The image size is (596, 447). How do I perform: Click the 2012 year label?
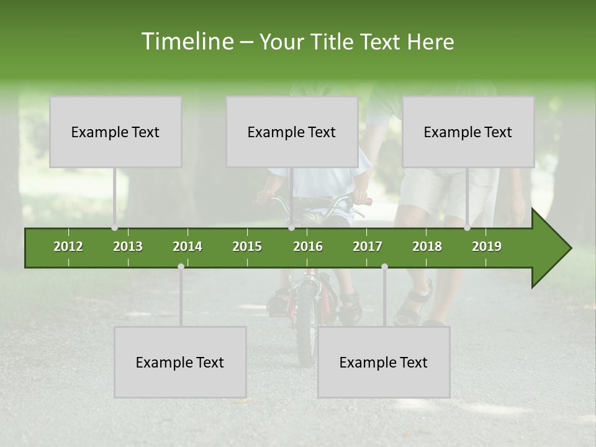(68, 246)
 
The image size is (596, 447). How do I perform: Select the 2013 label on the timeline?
(128, 246)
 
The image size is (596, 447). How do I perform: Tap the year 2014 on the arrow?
(187, 246)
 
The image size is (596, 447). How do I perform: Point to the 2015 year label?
(247, 246)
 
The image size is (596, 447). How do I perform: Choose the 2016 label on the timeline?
(308, 246)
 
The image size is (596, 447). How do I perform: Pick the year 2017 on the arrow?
(368, 246)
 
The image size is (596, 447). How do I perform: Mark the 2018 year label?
(427, 246)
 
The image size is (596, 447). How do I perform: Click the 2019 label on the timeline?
(487, 246)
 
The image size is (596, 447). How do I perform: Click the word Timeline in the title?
(186, 42)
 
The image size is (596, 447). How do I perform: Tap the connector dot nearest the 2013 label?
(115, 228)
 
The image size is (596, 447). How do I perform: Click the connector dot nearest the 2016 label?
(291, 228)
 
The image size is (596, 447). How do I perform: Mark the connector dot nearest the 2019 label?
(467, 228)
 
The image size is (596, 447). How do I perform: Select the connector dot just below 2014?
(181, 266)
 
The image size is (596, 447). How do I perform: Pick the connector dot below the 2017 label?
(384, 266)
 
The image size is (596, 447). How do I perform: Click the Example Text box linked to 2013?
(115, 132)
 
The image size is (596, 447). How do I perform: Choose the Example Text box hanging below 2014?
(180, 362)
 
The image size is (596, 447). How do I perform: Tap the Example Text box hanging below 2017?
(384, 362)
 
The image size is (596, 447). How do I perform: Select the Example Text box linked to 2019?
(468, 132)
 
